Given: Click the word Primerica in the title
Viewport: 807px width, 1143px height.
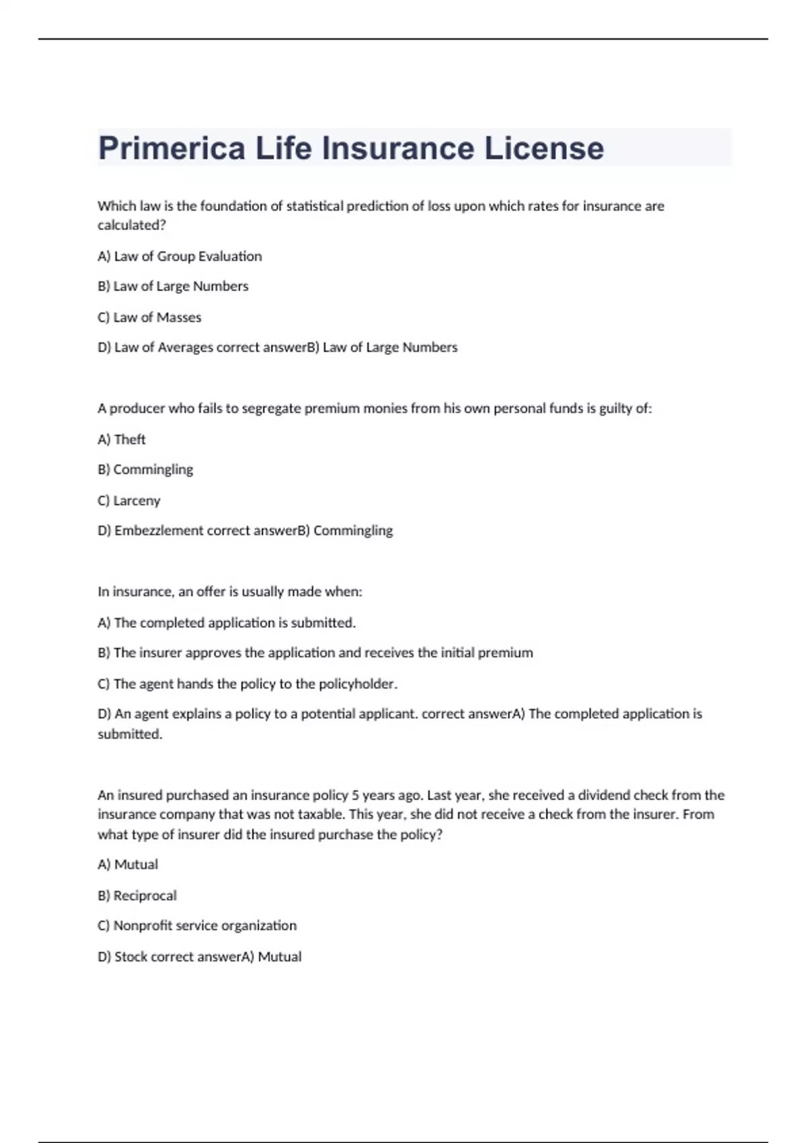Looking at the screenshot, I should (171, 148).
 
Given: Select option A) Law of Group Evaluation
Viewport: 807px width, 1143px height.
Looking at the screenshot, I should (180, 256).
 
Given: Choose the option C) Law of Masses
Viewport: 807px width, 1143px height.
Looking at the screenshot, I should (149, 317).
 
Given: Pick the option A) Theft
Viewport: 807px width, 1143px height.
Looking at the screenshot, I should (122, 440).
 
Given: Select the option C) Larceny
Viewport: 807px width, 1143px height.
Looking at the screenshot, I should (129, 501).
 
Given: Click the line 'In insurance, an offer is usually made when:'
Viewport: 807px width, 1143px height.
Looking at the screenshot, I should (230, 592).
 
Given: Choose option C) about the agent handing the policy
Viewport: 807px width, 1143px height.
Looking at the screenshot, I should (247, 684).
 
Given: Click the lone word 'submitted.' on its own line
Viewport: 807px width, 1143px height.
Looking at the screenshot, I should (130, 734).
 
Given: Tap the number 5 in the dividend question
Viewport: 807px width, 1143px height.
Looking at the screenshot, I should (355, 795).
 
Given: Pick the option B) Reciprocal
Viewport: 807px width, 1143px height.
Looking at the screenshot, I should (137, 896).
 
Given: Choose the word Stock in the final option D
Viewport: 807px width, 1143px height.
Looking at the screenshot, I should (130, 957).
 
